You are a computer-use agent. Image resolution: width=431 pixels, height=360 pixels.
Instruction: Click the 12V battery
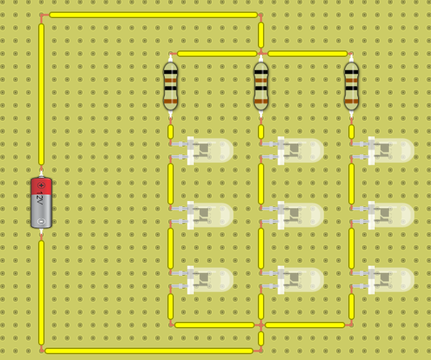41,203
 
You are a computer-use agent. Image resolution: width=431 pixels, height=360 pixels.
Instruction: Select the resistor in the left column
171,86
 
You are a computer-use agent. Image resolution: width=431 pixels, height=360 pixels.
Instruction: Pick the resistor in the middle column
261,86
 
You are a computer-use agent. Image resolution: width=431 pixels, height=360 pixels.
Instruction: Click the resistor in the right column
352,86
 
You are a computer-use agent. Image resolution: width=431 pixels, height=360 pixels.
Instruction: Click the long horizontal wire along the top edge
153,15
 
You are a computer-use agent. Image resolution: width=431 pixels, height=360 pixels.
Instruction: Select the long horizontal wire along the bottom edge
149,351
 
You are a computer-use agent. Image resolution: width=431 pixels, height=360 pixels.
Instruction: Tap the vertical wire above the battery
41,94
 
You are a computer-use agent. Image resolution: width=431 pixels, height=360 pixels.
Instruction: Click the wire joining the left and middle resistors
216,54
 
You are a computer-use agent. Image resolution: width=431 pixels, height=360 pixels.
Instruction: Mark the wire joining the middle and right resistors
308,54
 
